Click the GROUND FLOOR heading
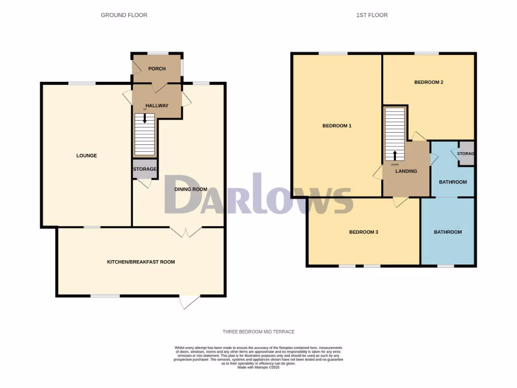[124, 15]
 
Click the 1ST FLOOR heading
[372, 15]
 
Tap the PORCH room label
[157, 69]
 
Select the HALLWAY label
[157, 106]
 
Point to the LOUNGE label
[86, 156]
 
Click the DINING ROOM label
[191, 189]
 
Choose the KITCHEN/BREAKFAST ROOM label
[140, 262]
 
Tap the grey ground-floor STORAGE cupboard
[145, 169]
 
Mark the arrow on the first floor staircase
[395, 155]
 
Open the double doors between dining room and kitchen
[186, 232]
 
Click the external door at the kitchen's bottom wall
[190, 302]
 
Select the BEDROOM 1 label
[337, 126]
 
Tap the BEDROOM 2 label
[429, 82]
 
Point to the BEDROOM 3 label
[364, 232]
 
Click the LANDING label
[406, 171]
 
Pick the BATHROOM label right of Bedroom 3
[448, 232]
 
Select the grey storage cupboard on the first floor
[465, 154]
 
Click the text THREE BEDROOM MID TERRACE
[258, 332]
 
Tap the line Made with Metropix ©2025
[258, 367]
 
